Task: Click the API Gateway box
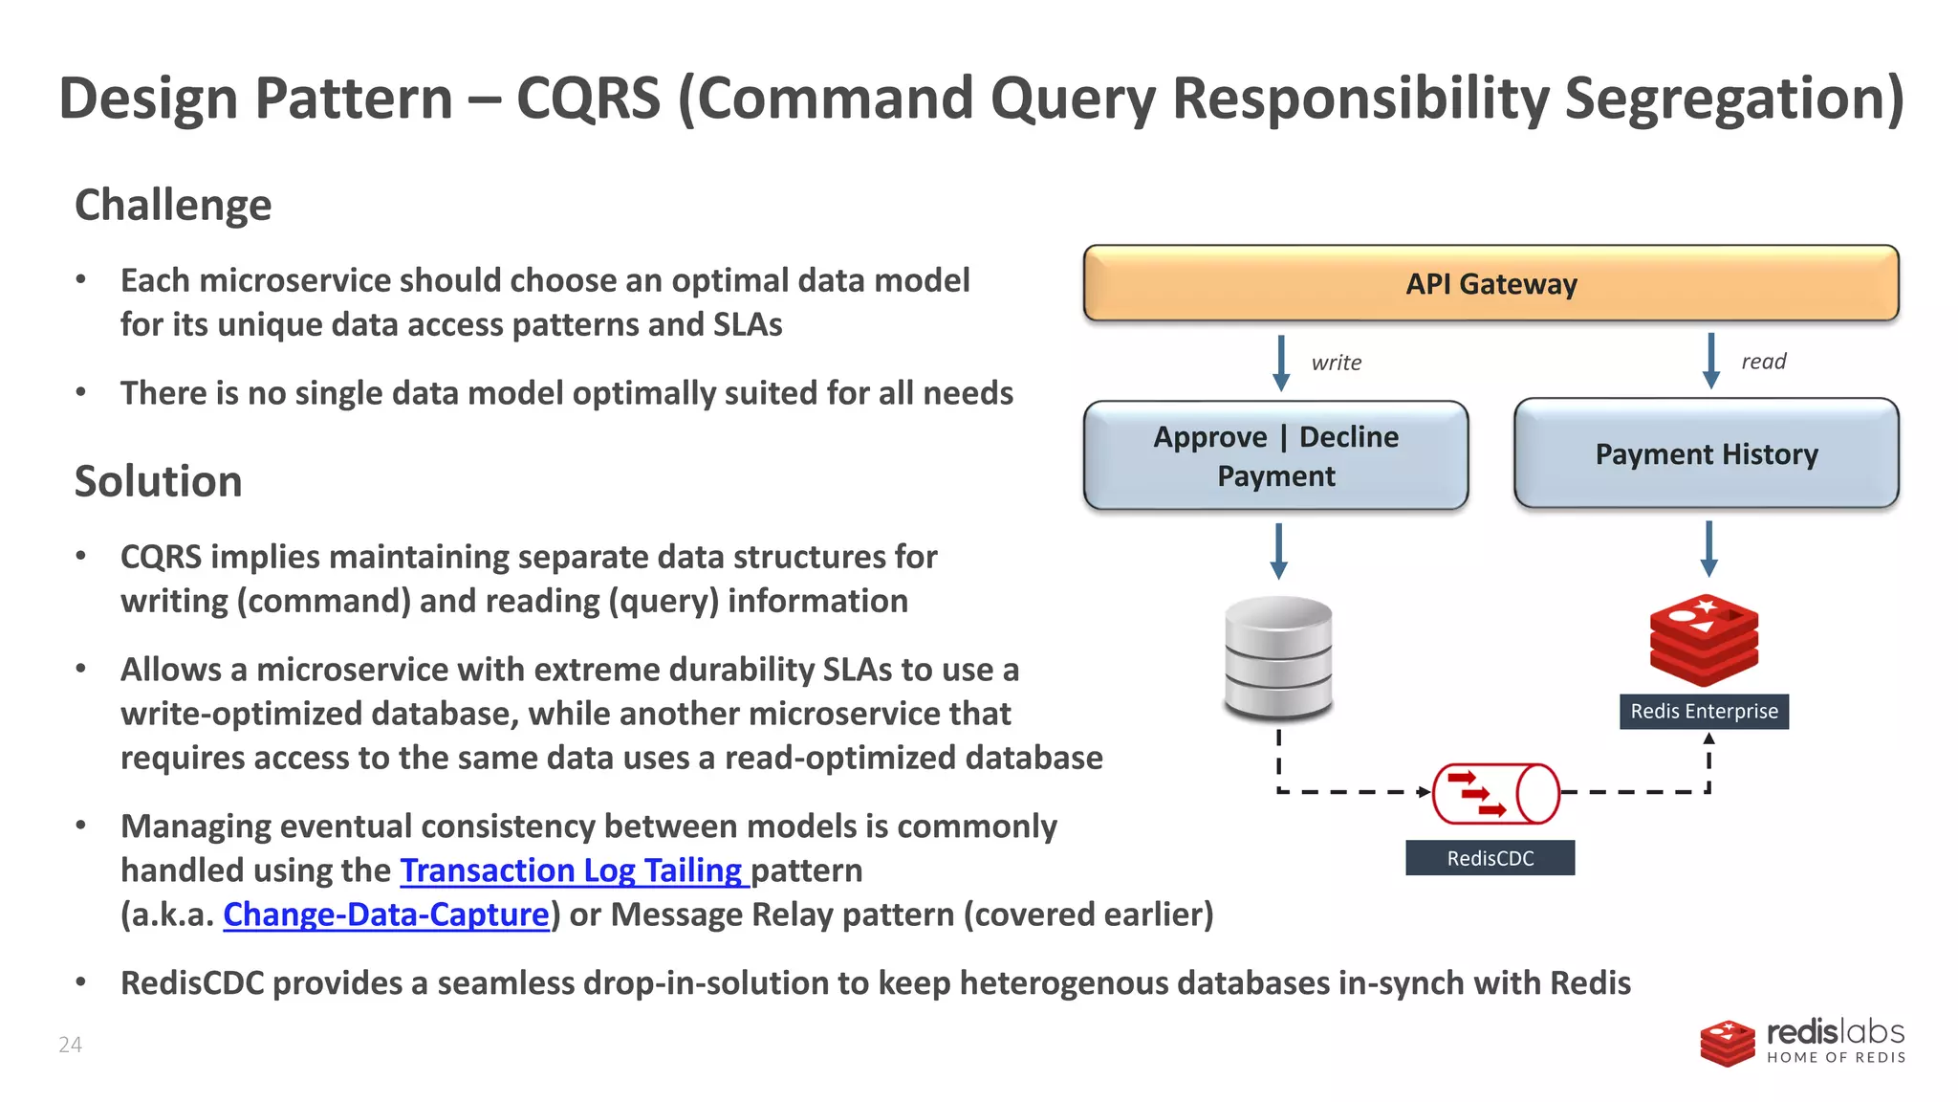[1490, 283]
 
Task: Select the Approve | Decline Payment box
[1275, 455]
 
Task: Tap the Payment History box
[1707, 453]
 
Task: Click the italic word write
[1336, 363]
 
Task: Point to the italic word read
[1763, 362]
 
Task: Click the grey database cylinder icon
[1278, 658]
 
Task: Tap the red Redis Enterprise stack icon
[1704, 640]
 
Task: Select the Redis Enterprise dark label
[1704, 712]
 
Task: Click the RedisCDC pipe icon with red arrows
[1495, 794]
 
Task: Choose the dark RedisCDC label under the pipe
[1490, 858]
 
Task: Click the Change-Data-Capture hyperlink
[386, 915]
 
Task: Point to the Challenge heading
[173, 205]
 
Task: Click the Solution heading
[158, 481]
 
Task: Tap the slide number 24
[70, 1045]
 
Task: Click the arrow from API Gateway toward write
[1281, 363]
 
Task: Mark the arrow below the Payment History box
[1708, 548]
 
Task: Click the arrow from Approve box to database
[1278, 551]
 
